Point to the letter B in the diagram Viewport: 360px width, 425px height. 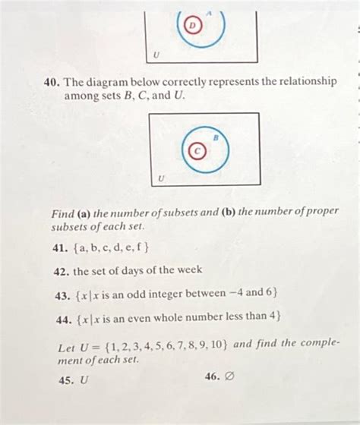(x=215, y=138)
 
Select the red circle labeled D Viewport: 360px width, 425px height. (x=193, y=25)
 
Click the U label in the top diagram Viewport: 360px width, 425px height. (x=156, y=54)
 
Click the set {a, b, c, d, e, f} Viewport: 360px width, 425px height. (x=112, y=248)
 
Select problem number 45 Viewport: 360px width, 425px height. (x=65, y=380)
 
